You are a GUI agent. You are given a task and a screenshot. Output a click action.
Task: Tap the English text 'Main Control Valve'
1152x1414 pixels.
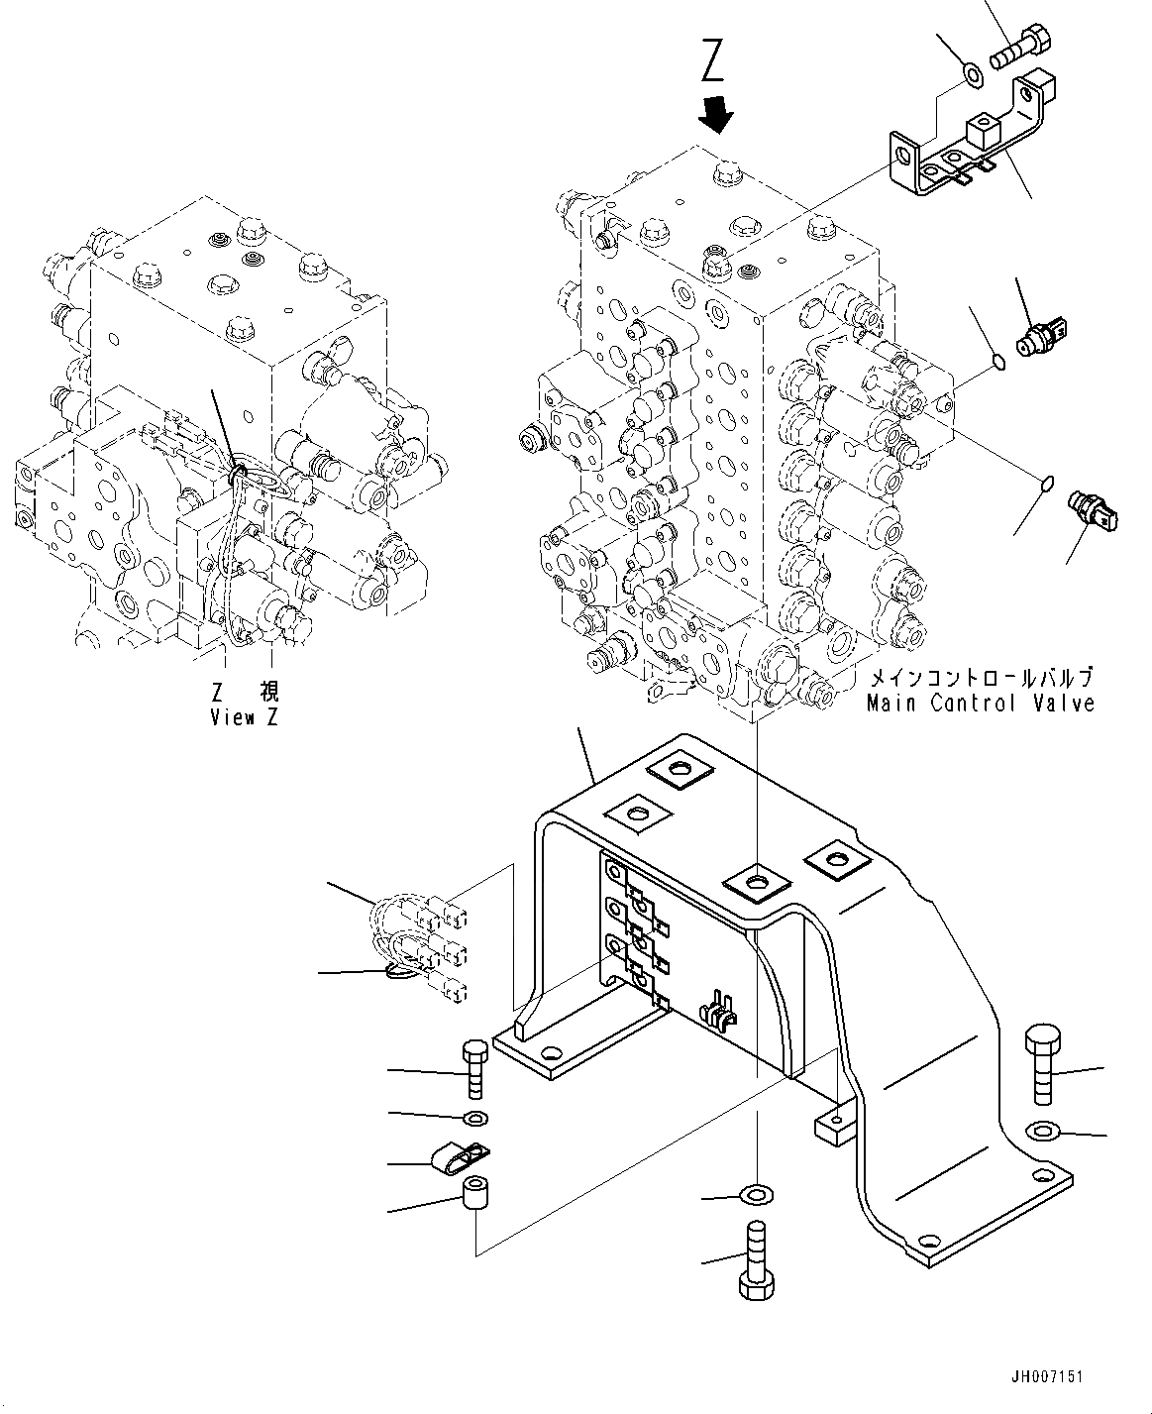pos(981,703)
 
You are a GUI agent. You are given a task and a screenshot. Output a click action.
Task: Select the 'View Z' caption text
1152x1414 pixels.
pos(244,717)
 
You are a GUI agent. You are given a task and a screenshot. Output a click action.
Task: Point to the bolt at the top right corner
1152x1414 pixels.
pos(1019,47)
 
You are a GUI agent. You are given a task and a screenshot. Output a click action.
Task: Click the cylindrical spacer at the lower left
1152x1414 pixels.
pos(476,1194)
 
